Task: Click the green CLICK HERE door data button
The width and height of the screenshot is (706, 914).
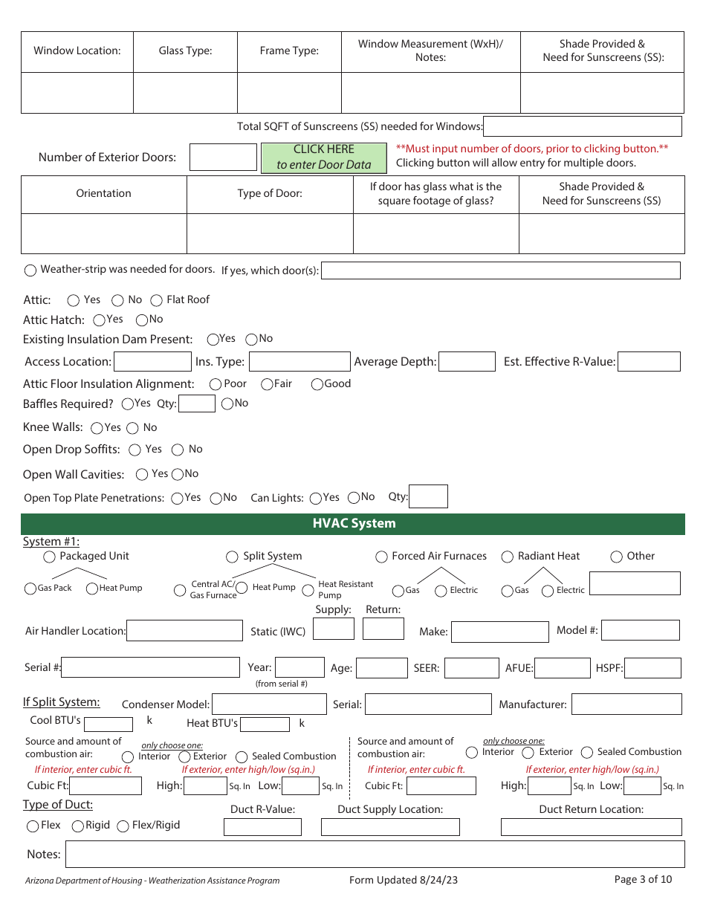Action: pos(323,158)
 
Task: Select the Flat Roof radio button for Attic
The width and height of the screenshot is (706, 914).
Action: pos(157,300)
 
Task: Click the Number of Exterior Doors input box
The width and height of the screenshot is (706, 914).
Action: pos(223,158)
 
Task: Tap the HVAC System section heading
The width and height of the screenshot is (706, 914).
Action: pos(353,524)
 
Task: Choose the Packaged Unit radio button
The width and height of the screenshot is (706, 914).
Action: pos(50,557)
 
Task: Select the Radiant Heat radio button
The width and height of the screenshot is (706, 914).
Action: pos(508,557)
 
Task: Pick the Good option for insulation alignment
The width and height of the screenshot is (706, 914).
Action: pos(317,384)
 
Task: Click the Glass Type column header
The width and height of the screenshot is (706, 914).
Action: pos(185,51)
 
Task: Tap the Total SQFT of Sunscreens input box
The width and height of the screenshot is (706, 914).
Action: pos(582,126)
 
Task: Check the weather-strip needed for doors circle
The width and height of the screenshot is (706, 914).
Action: pos(31,270)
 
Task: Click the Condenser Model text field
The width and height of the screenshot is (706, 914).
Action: pos(269,704)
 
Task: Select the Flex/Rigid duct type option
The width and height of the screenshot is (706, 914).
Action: pos(123,826)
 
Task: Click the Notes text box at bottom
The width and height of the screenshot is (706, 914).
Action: pos(375,855)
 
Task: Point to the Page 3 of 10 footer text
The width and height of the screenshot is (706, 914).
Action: pos(643,880)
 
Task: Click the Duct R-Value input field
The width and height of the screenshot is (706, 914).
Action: pos(262,827)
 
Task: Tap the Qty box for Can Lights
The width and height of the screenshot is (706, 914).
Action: pos(428,497)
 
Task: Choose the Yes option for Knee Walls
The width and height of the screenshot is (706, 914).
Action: pos(97,428)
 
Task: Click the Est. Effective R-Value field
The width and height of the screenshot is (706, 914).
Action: pos(649,362)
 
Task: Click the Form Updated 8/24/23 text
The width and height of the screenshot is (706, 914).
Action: pos(404,881)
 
